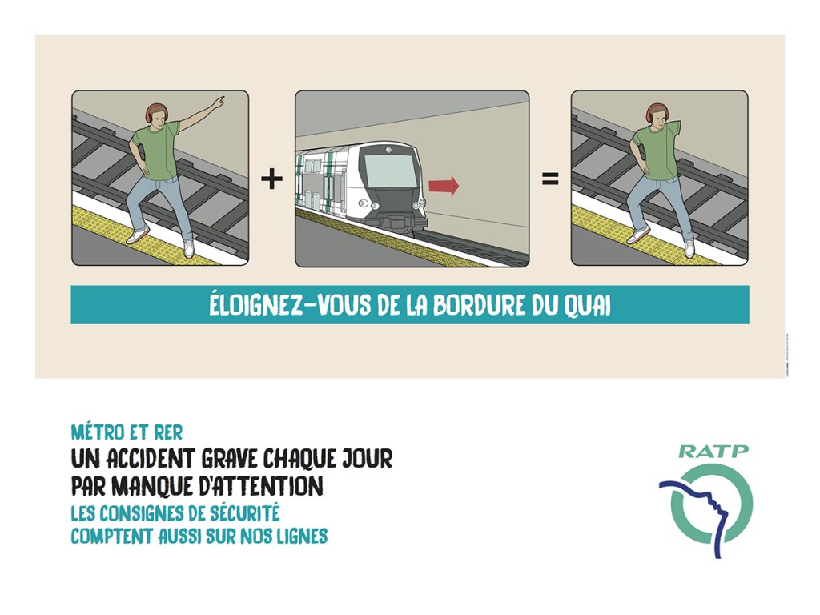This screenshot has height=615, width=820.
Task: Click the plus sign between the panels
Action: pos(272,179)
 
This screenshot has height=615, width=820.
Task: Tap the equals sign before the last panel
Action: pos(550,179)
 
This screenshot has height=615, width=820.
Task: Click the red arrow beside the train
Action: pos(444,187)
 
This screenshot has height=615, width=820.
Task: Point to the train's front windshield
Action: pos(390,169)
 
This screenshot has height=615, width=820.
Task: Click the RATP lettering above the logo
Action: pos(713,451)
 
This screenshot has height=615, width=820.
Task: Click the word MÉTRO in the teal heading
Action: pos(97,433)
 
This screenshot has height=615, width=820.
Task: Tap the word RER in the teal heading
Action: pos(167,433)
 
